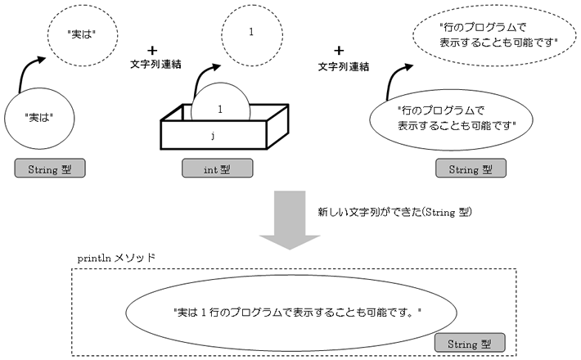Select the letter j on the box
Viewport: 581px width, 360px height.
pos(213,136)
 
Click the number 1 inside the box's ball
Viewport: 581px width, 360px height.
pos(220,110)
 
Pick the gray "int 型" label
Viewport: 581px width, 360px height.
pos(218,169)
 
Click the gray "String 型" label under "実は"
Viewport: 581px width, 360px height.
pos(50,169)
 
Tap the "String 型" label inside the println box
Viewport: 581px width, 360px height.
pos(470,343)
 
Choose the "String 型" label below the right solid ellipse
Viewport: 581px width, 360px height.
pos(471,169)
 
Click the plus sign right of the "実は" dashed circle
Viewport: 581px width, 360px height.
pos(152,51)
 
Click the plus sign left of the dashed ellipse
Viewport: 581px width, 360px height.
pos(339,51)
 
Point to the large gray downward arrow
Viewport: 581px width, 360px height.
pos(290,220)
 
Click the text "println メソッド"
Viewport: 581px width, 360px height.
pos(116,258)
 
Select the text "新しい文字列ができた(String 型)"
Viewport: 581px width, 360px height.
pos(395,212)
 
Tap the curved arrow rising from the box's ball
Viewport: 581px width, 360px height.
pos(200,75)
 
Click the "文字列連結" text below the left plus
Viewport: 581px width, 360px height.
pos(155,65)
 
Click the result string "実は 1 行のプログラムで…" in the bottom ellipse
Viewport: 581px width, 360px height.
pos(298,313)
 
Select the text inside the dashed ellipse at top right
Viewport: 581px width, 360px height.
pos(498,35)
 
